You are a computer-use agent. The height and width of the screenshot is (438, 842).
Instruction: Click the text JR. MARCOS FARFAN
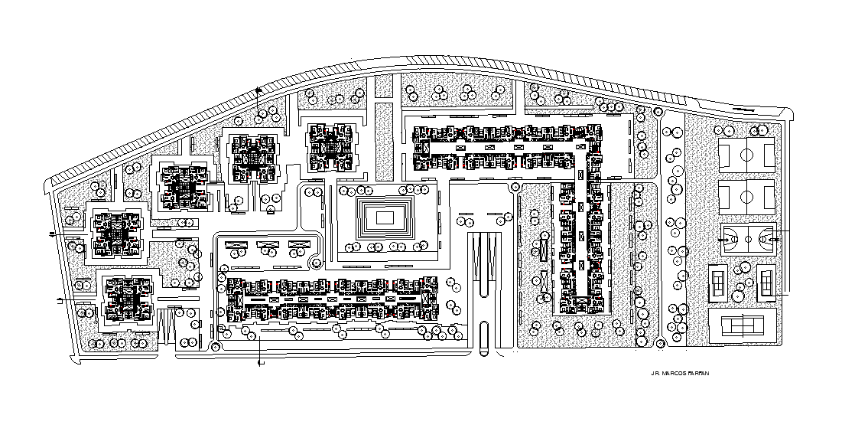click(x=675, y=374)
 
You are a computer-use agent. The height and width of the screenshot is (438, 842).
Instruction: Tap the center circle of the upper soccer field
click(x=747, y=155)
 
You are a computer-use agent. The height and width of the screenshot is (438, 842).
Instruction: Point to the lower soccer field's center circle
click(x=747, y=198)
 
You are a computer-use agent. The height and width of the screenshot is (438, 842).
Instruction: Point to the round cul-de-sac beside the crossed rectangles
click(x=315, y=263)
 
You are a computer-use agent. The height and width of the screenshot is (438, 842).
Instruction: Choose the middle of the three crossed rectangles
click(x=268, y=247)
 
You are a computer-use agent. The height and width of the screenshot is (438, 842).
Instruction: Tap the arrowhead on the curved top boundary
click(x=258, y=90)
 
